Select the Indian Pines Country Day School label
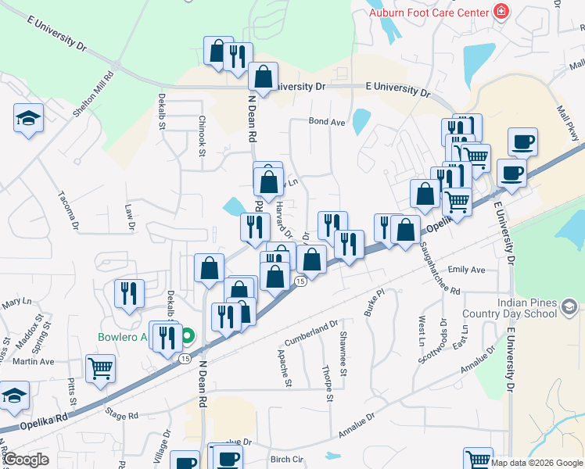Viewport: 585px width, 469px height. click(527, 310)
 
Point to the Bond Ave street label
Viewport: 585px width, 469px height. click(327, 122)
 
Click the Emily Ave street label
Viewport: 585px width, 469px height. click(467, 270)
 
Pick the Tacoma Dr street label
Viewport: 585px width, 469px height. click(68, 209)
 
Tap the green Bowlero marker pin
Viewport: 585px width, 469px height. click(188, 338)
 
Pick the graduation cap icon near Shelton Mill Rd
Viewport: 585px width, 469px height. click(29, 118)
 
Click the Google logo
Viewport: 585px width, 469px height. click(26, 460)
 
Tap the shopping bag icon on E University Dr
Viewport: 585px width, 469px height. click(264, 76)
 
